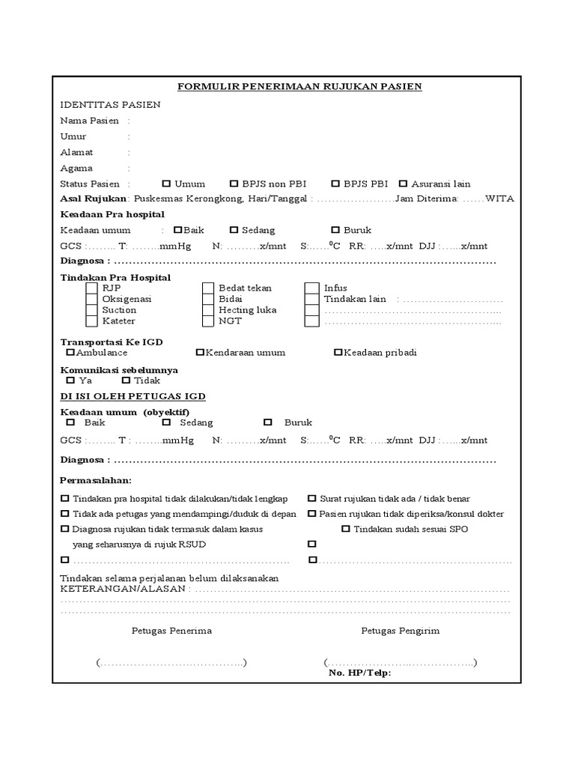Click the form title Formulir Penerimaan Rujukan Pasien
pyautogui.click(x=299, y=87)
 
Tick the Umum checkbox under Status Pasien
pyautogui.click(x=166, y=184)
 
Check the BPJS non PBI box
pyautogui.click(x=234, y=184)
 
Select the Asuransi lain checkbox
pyautogui.click(x=404, y=184)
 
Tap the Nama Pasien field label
pyautogui.click(x=89, y=121)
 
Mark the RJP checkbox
pyautogui.click(x=91, y=288)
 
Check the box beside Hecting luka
pyautogui.click(x=208, y=310)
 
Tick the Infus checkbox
pyautogui.click(x=311, y=288)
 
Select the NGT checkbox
pyautogui.click(x=208, y=321)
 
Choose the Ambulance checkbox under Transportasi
pyautogui.click(x=70, y=352)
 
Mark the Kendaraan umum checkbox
pyautogui.click(x=200, y=352)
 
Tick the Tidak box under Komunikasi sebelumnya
pyautogui.click(x=126, y=381)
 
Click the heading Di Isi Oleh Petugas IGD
pyautogui.click(x=133, y=395)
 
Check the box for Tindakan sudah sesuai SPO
pyautogui.click(x=346, y=529)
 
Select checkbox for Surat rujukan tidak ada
pyautogui.click(x=312, y=498)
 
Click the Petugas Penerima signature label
pyautogui.click(x=171, y=631)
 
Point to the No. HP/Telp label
pyautogui.click(x=359, y=673)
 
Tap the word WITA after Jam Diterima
pyautogui.click(x=499, y=198)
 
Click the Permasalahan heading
pyautogui.click(x=96, y=480)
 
